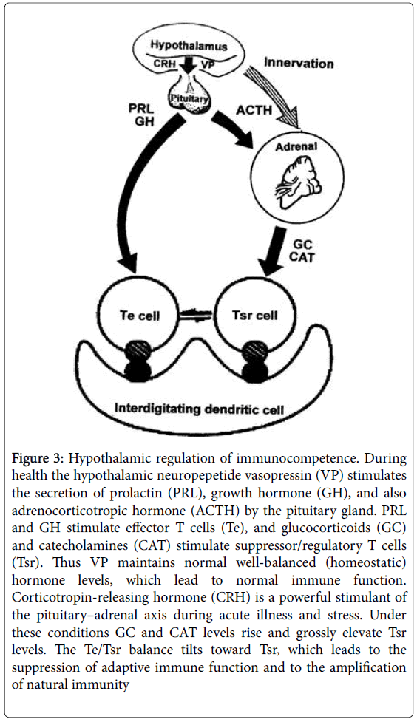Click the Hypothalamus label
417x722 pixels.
click(x=189, y=46)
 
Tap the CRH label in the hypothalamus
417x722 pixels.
click(x=164, y=64)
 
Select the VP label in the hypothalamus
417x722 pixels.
click(x=206, y=64)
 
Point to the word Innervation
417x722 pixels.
click(x=299, y=63)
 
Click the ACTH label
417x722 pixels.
click(x=254, y=111)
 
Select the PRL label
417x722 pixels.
click(x=140, y=109)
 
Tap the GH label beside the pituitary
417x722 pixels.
click(x=144, y=123)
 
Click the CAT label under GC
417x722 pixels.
click(x=302, y=257)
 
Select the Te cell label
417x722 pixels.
click(x=140, y=316)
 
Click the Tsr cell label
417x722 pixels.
click(x=255, y=316)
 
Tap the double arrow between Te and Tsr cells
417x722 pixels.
click(x=196, y=316)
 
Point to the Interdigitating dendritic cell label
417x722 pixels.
click(x=200, y=409)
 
